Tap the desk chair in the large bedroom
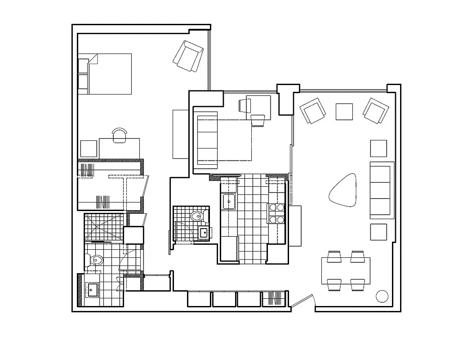pyautogui.click(x=120, y=135)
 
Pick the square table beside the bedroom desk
pyautogui.click(x=89, y=148)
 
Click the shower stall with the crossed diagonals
pyautogui.click(x=103, y=228)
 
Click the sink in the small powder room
pyautogui.click(x=204, y=233)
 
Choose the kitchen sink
pyautogui.click(x=229, y=201)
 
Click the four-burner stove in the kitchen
pyautogui.click(x=276, y=213)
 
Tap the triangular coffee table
pyautogui.click(x=344, y=190)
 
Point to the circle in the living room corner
pyautogui.click(x=382, y=296)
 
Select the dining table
pyautogui.click(x=346, y=270)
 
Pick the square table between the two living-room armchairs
pyautogui.click(x=344, y=112)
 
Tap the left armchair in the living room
pyautogui.click(x=313, y=111)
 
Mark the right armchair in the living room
pyautogui.click(x=376, y=110)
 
